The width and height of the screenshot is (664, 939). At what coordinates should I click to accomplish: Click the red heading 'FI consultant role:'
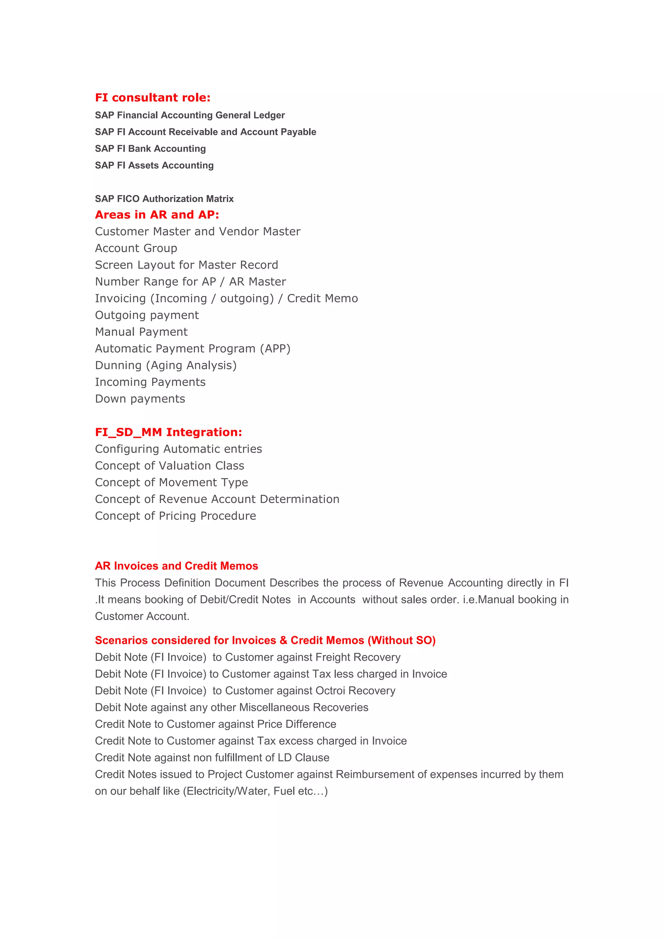click(x=153, y=98)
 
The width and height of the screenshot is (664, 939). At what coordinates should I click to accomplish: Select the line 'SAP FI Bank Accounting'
click(x=150, y=149)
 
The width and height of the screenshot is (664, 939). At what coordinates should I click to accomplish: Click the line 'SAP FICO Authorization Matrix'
click(x=164, y=199)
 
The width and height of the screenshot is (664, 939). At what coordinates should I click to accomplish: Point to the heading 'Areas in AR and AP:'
click(x=157, y=215)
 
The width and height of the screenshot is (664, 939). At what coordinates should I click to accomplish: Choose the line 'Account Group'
click(x=136, y=248)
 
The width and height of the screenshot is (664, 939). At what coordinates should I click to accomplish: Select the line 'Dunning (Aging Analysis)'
click(x=166, y=366)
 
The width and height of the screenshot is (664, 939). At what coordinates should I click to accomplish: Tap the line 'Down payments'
click(x=140, y=399)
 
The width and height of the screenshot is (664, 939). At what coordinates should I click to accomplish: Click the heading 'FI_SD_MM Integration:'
click(x=168, y=432)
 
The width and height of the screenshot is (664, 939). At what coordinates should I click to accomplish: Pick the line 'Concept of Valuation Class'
click(x=169, y=466)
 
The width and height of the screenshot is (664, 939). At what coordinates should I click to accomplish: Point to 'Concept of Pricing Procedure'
click(x=175, y=516)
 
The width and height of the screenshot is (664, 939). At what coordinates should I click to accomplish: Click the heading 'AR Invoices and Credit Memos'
click(x=176, y=566)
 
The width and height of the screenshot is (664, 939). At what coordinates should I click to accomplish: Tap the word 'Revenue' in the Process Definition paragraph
click(x=421, y=583)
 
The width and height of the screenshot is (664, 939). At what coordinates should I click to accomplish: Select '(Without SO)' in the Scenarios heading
click(x=401, y=640)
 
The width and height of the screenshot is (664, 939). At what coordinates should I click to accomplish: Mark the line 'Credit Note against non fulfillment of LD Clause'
click(x=212, y=758)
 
